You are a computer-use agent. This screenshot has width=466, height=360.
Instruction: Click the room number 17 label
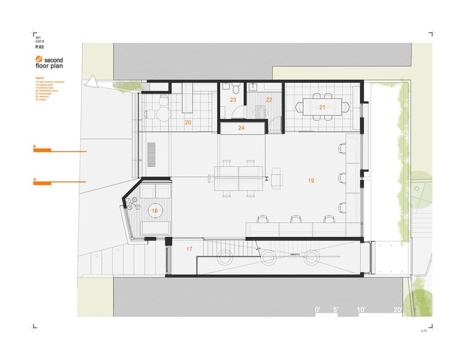click(x=190, y=249)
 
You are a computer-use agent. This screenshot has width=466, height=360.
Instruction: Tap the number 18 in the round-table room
click(x=155, y=211)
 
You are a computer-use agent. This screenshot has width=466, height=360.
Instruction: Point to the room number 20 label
click(x=188, y=123)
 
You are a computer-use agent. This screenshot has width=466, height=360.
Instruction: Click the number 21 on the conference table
click(x=322, y=107)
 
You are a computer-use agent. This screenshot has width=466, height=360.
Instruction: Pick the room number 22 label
click(x=269, y=100)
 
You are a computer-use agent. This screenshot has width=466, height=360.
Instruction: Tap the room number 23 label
click(x=233, y=100)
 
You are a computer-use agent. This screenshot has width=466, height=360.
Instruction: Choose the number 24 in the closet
click(x=242, y=128)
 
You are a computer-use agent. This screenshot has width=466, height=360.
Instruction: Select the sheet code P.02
click(x=39, y=47)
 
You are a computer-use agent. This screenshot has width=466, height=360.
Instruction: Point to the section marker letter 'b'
click(x=35, y=147)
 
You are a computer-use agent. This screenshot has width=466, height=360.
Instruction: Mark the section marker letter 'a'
click(x=35, y=179)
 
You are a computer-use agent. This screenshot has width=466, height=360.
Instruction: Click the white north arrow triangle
click(x=93, y=81)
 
